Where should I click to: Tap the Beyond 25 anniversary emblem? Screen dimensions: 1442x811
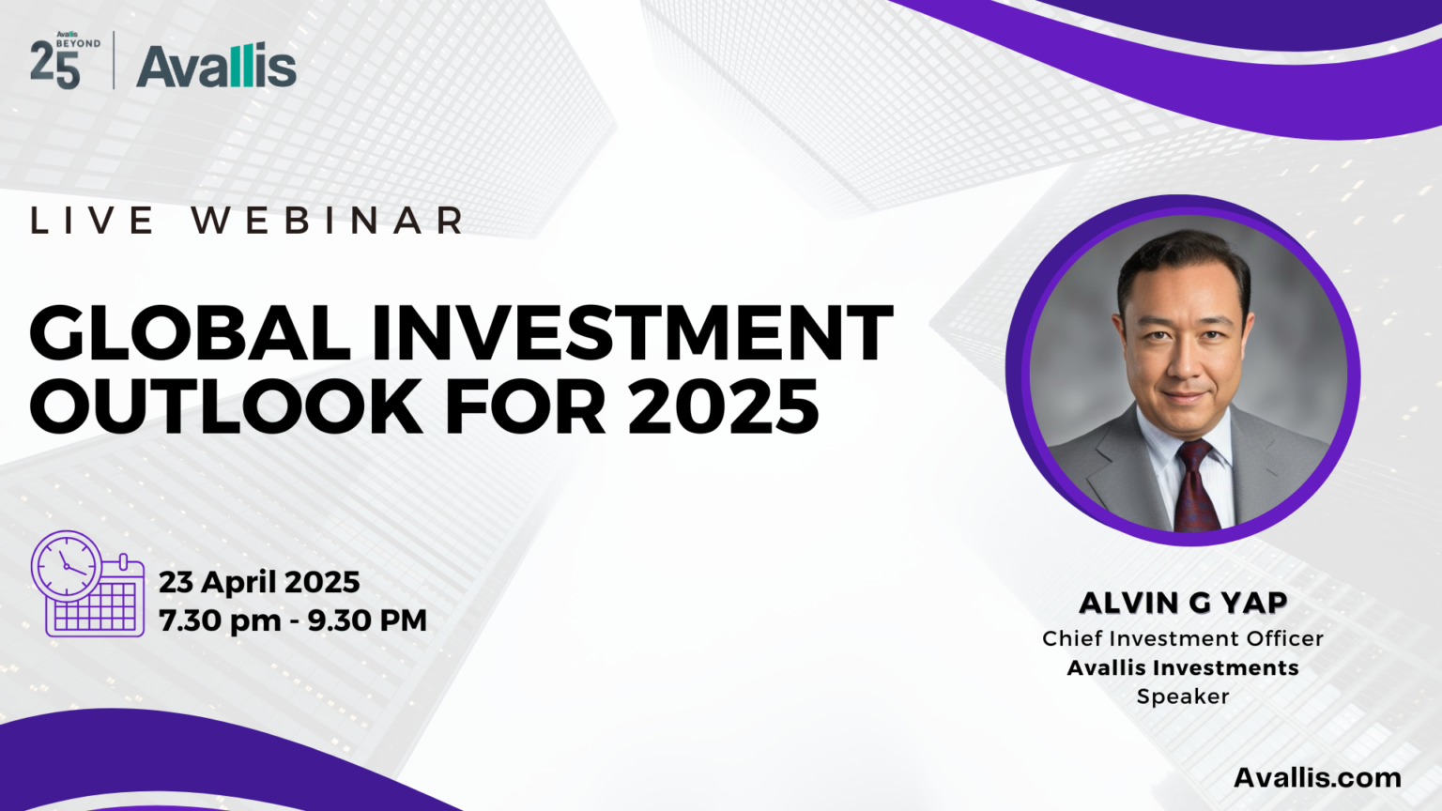pos(65,60)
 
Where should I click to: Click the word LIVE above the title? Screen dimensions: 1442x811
pos(92,221)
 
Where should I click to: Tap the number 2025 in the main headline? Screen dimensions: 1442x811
pos(723,406)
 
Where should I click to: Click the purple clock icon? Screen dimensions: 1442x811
pos(67,564)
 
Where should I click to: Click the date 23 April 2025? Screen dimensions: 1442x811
pos(259,583)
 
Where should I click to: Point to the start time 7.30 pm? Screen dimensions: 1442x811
pos(221,620)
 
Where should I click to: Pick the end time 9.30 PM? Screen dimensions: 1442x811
pos(368,620)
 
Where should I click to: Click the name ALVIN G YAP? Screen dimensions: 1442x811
pos(1183,604)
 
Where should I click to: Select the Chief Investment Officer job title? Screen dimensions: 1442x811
pos(1183,638)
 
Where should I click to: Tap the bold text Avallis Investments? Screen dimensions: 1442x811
pos(1183,667)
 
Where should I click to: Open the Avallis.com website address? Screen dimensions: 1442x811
pos(1318,777)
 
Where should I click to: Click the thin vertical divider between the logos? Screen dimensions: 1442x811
pos(114,60)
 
